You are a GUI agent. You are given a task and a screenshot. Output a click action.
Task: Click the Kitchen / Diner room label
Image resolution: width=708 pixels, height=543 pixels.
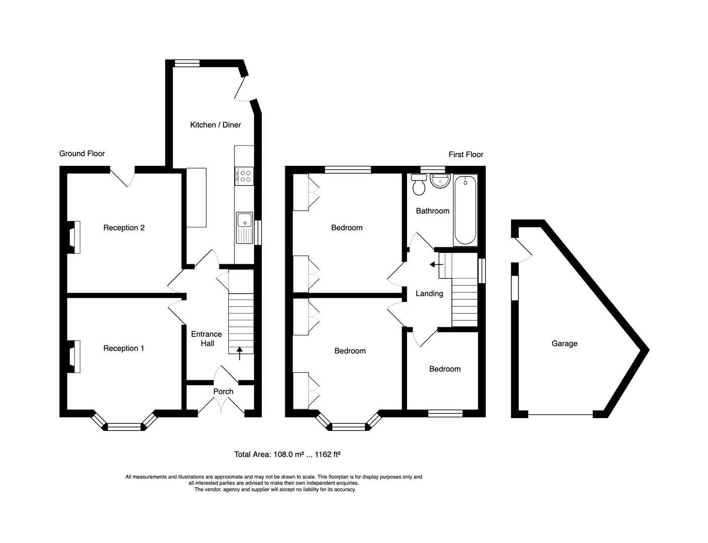215,125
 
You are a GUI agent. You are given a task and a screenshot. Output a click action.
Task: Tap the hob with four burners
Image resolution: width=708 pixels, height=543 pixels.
245,175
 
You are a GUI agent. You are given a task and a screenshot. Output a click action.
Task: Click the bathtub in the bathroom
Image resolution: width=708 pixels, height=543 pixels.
465,210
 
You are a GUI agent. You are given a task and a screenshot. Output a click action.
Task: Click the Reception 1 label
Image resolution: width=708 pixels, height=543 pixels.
124,348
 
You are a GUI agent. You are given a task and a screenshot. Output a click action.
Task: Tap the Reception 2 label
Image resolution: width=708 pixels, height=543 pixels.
124,228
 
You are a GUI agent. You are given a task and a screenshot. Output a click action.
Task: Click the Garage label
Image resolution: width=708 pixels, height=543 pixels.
564,343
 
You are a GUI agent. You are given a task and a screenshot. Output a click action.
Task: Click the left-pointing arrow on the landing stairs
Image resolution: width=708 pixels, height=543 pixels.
432,264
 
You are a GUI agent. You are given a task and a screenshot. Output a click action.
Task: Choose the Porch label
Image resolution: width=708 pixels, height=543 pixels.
223,391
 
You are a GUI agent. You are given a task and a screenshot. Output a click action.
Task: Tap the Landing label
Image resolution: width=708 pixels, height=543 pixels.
429,293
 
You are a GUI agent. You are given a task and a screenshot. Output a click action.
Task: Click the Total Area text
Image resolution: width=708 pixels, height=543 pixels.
287,454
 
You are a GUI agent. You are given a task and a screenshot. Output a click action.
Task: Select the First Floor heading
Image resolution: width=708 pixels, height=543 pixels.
466,154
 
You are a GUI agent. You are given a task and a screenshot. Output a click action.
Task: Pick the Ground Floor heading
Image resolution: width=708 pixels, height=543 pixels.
82,153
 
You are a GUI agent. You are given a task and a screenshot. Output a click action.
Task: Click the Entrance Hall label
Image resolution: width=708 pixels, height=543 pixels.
206,338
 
